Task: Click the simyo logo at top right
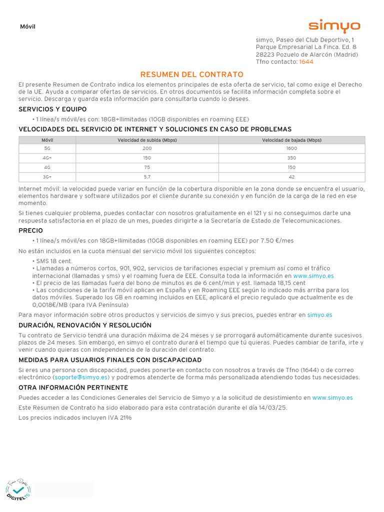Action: [333, 25]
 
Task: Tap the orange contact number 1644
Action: [306, 62]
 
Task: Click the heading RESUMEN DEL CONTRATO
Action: [192, 74]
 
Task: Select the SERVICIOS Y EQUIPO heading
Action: [52, 109]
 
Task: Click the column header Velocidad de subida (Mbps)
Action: [147, 140]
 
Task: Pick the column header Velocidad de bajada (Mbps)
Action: [291, 140]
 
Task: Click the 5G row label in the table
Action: [47, 148]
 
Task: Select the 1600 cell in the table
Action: [291, 148]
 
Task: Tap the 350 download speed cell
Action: [291, 157]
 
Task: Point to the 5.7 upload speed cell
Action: [147, 176]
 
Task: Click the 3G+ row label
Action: [47, 176]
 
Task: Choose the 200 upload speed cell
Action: [147, 148]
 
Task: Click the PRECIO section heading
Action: [30, 230]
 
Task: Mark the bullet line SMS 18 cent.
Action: [53, 261]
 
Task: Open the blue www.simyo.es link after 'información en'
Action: [313, 275]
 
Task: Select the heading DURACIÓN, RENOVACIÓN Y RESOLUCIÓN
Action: [85, 325]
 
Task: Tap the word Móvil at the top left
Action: [27, 27]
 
